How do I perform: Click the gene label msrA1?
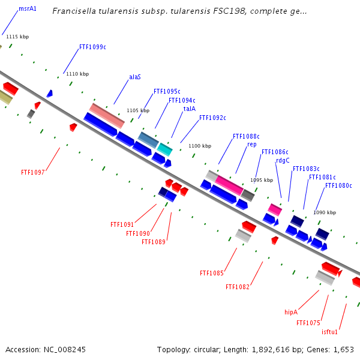click(28, 9)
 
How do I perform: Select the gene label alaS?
click(135, 77)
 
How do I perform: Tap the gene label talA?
click(189, 109)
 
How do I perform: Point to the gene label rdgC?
click(283, 160)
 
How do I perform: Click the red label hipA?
click(291, 312)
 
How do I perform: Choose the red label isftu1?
click(330, 332)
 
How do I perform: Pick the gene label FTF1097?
click(33, 172)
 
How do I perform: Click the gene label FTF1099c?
click(92, 47)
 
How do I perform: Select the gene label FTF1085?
click(212, 273)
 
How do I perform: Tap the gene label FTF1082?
click(238, 287)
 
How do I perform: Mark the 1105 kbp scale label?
click(137, 110)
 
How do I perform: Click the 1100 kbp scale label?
click(200, 146)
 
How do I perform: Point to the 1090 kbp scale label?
click(325, 212)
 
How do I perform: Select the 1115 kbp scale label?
click(17, 37)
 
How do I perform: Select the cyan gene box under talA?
click(165, 149)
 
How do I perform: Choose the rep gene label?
click(252, 145)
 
